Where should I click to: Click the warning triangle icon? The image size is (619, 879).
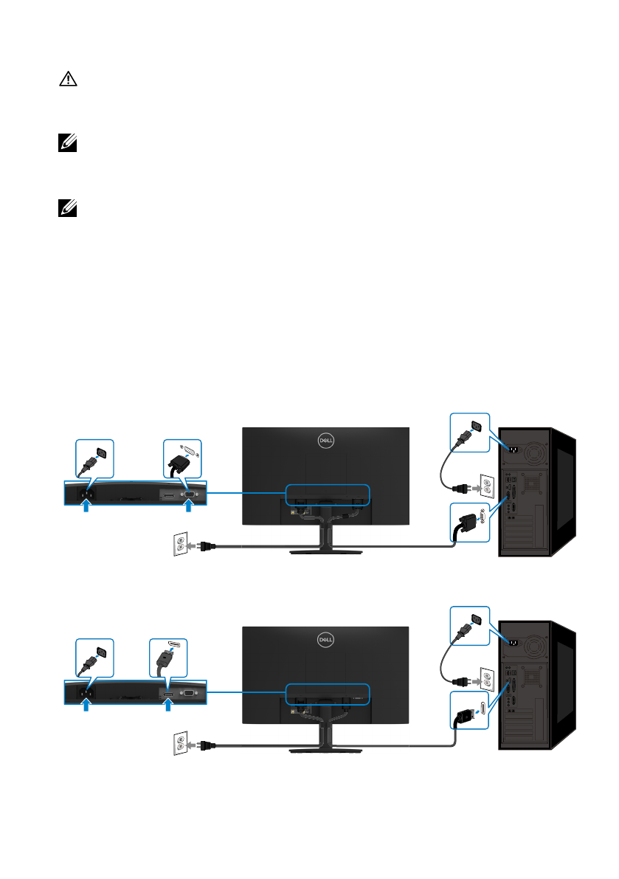68,80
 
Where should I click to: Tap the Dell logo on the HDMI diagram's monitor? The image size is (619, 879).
326,640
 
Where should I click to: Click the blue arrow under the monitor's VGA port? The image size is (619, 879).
190,507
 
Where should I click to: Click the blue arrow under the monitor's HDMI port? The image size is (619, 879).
169,706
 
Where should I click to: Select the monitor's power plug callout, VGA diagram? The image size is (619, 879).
95,460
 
